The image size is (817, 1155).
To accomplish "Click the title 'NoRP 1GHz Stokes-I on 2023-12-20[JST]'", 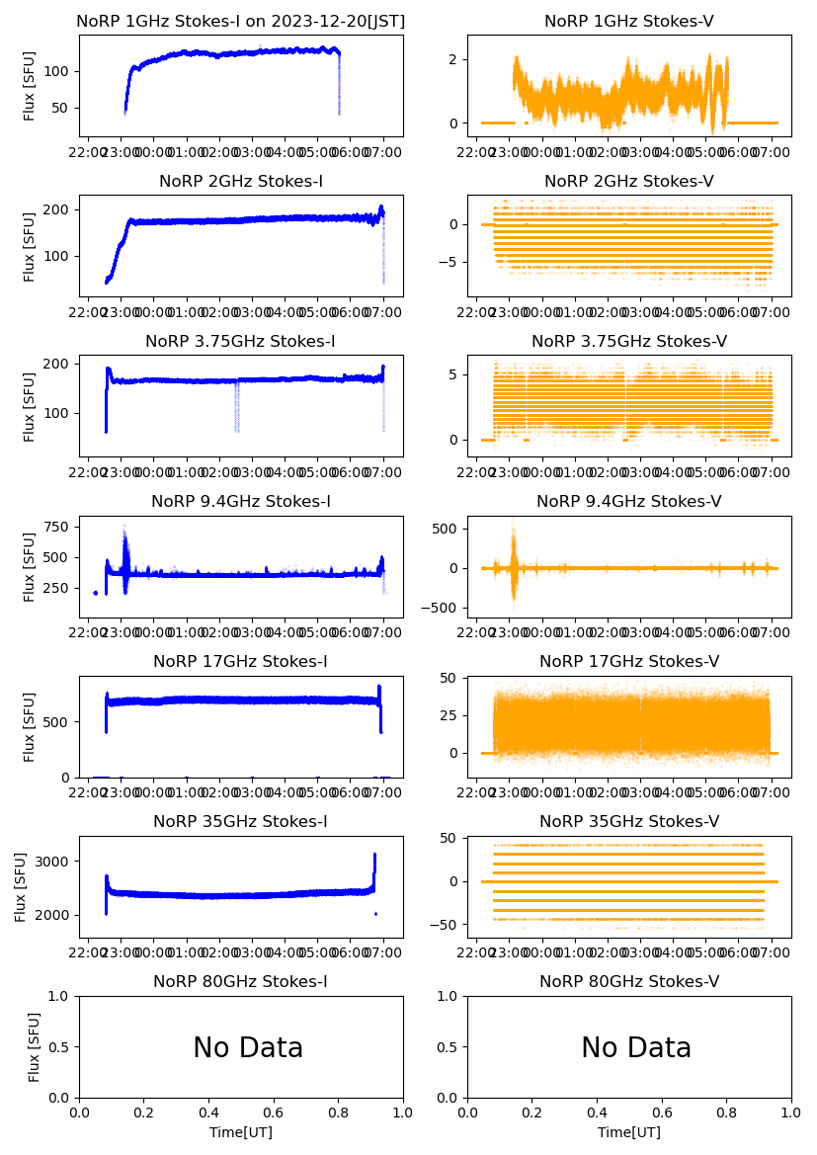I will pyautogui.click(x=241, y=21).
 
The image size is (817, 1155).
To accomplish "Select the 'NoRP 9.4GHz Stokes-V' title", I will pyautogui.click(x=629, y=502).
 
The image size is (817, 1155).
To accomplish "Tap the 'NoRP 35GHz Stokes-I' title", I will pyautogui.click(x=241, y=822).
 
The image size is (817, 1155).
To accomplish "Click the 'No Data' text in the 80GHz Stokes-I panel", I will pyautogui.click(x=248, y=1047).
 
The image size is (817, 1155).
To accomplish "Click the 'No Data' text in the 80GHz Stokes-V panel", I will pyautogui.click(x=636, y=1047).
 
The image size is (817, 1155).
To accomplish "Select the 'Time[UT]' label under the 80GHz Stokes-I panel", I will pyautogui.click(x=241, y=1132).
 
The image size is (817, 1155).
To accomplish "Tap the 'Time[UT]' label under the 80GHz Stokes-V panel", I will pyautogui.click(x=629, y=1132).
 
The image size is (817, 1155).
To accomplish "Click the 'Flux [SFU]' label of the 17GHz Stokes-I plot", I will pyautogui.click(x=30, y=726).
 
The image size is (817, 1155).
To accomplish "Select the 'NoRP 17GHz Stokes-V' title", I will pyautogui.click(x=629, y=662).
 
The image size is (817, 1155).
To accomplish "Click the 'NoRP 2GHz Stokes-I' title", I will pyautogui.click(x=241, y=182).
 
